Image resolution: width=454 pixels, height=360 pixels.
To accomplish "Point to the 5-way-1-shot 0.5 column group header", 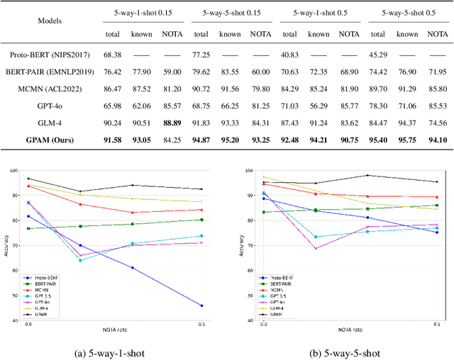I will tap(317, 13).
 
